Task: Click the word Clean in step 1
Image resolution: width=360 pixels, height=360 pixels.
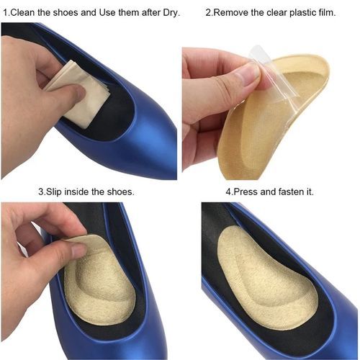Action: click(23, 12)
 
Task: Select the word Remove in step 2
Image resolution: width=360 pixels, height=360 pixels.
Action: click(231, 12)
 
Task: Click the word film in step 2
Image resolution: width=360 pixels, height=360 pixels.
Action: click(326, 12)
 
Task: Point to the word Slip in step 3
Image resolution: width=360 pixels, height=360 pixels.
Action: click(54, 192)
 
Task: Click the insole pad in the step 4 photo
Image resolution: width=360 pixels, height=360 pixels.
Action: click(266, 276)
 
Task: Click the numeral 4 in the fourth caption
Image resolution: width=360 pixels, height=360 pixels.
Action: click(228, 192)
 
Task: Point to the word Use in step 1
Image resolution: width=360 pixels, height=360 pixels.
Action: click(107, 12)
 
